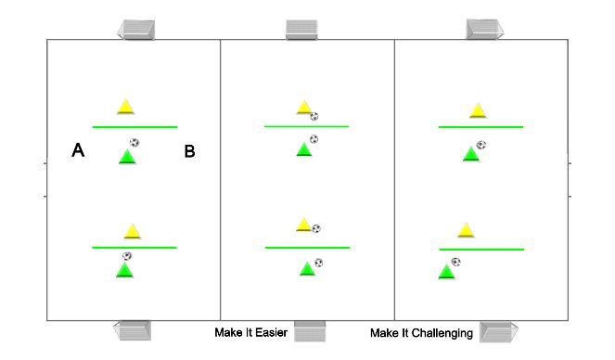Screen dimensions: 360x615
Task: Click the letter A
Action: pyautogui.click(x=79, y=151)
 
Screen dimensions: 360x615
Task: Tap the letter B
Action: pyautogui.click(x=189, y=151)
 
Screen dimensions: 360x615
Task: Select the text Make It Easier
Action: pyautogui.click(x=250, y=332)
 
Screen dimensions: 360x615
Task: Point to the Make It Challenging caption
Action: pyautogui.click(x=421, y=332)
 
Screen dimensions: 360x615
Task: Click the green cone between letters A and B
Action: pyautogui.click(x=127, y=156)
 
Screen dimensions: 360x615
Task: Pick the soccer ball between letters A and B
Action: pyautogui.click(x=135, y=143)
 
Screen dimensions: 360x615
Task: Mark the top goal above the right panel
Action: pyautogui.click(x=484, y=29)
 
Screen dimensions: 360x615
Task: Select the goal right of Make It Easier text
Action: pyautogui.click(x=310, y=331)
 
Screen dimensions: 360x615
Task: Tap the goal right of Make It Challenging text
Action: pyautogui.click(x=498, y=331)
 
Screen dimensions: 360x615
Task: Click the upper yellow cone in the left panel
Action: pyautogui.click(x=125, y=107)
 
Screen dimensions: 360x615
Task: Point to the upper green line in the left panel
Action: pyautogui.click(x=135, y=126)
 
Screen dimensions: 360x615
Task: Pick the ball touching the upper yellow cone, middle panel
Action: pyautogui.click(x=314, y=116)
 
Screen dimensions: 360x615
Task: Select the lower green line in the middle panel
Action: pyautogui.click(x=307, y=248)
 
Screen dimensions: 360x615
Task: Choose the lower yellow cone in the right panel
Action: pyautogui.click(x=466, y=230)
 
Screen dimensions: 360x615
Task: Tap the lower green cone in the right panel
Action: pyautogui.click(x=447, y=271)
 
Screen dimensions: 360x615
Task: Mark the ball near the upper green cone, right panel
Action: pyautogui.click(x=480, y=145)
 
